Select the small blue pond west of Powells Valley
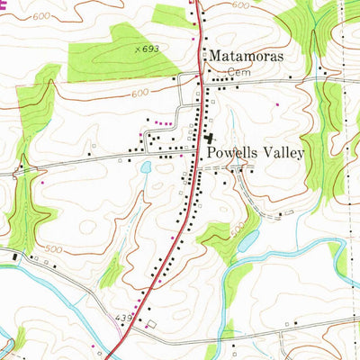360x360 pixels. click(145, 167)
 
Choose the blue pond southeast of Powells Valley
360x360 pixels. click(249, 239)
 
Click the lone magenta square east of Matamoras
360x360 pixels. click(277, 105)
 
